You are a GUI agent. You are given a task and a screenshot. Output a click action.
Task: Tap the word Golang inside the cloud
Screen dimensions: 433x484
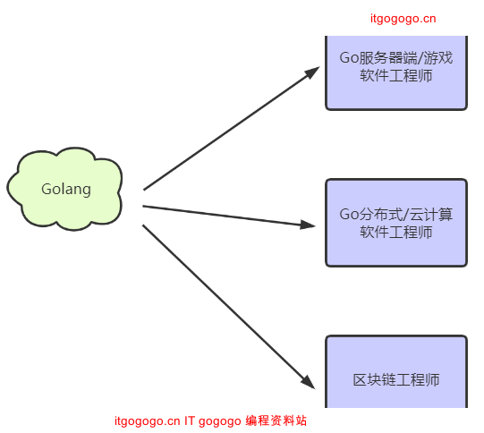[x=65, y=190]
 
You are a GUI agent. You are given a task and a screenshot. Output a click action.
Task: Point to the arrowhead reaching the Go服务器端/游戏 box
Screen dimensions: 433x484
[x=312, y=72]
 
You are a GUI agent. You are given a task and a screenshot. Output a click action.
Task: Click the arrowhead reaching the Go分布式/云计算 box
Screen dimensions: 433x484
[x=308, y=225]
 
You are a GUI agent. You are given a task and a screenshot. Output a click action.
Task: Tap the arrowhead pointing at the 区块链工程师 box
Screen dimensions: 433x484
[x=309, y=382]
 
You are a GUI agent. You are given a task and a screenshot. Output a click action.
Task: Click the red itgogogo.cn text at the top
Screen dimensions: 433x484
[x=403, y=18]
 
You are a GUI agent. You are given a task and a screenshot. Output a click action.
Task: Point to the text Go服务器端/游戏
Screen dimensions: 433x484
[x=395, y=59]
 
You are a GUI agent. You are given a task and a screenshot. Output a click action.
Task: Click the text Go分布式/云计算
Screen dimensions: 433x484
[x=395, y=215]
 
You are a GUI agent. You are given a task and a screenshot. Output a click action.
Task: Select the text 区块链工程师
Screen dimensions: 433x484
[x=395, y=379]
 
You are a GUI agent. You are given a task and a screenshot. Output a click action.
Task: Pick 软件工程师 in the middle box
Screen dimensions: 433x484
[x=395, y=233]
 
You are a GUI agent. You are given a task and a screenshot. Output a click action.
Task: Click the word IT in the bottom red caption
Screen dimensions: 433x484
[x=191, y=420]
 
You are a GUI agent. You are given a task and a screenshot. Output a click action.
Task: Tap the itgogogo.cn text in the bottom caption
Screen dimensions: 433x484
[x=148, y=420]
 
